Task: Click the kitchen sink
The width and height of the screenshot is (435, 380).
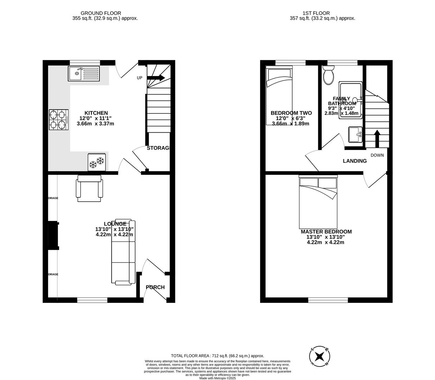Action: click(x=84, y=74)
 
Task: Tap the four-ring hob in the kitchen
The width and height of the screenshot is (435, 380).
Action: click(x=58, y=120)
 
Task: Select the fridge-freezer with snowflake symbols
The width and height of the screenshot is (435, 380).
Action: click(x=97, y=162)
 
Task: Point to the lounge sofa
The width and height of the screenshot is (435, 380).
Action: click(x=123, y=252)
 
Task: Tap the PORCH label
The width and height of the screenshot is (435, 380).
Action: click(x=155, y=287)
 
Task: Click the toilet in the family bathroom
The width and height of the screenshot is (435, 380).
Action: click(x=329, y=76)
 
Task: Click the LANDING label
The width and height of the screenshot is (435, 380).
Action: click(x=355, y=161)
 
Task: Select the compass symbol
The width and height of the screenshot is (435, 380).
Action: click(x=320, y=356)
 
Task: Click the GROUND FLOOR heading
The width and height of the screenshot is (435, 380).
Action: click(x=101, y=13)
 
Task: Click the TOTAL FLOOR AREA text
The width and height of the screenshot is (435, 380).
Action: click(x=217, y=356)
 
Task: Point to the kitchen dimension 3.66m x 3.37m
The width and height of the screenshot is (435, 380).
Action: click(x=95, y=123)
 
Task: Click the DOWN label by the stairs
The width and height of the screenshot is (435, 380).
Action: click(x=377, y=155)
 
